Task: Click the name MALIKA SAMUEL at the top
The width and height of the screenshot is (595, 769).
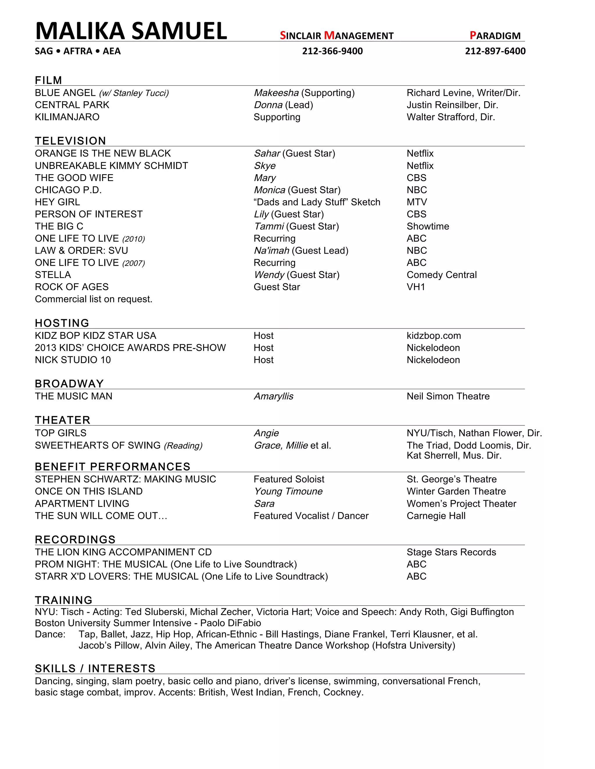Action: [131, 31]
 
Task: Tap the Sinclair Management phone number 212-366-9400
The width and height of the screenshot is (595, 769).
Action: [332, 51]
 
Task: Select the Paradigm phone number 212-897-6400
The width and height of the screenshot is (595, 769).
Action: [495, 51]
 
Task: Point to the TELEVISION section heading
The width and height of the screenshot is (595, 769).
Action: [71, 141]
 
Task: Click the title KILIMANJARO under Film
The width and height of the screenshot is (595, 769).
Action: [67, 117]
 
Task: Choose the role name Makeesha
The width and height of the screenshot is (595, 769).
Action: [276, 93]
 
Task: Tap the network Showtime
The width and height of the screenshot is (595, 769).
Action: [428, 226]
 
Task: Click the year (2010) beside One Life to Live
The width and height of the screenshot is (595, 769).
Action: [134, 239]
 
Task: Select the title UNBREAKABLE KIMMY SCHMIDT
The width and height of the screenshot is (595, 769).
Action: [111, 166]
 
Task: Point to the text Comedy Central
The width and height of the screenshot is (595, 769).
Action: [441, 275]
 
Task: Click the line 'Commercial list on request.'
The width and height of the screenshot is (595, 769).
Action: [94, 299]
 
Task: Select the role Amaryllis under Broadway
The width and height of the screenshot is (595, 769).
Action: [273, 396]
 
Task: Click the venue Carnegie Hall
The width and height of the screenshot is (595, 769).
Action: [436, 516]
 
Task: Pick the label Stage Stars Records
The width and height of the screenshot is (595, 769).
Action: [451, 552]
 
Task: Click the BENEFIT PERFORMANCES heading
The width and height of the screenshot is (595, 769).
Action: [112, 467]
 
